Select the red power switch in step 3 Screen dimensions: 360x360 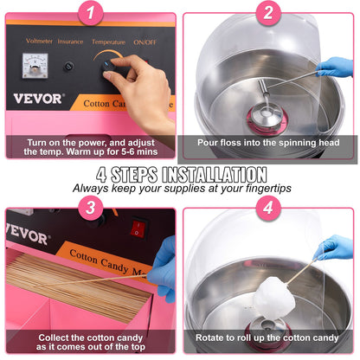tap(137, 229)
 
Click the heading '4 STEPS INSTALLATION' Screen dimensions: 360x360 tap(181, 173)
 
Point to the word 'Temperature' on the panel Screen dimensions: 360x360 tap(108, 40)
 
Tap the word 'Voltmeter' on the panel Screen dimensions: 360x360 tap(39, 40)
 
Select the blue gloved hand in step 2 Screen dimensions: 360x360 tap(333, 66)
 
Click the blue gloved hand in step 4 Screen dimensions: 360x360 tap(333, 249)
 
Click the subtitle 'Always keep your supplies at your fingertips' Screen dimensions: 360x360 tap(181, 187)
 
